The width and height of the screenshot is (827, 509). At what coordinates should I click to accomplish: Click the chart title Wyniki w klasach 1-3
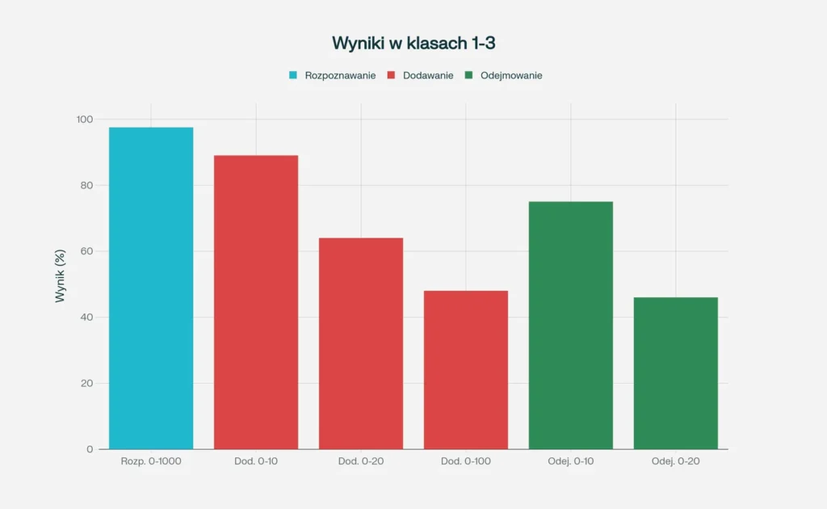tap(413, 43)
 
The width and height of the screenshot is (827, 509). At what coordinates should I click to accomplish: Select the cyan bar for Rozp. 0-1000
tap(151, 288)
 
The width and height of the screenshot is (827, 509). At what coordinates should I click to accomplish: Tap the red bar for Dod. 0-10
tap(256, 301)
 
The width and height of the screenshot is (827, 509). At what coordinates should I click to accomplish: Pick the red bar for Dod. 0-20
tap(361, 343)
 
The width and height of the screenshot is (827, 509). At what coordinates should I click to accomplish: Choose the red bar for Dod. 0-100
tap(466, 369)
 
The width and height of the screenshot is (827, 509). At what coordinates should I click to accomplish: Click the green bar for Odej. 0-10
tap(571, 325)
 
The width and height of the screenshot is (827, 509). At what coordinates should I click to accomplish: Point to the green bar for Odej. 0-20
tap(676, 372)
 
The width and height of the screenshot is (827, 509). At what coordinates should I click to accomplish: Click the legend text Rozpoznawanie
tap(340, 75)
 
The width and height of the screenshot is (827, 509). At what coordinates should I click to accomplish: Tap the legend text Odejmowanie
tap(511, 75)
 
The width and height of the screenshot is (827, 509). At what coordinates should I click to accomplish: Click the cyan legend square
tap(293, 75)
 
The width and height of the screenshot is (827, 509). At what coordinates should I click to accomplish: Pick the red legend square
tap(391, 75)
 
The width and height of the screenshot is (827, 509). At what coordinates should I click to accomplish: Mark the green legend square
tap(468, 75)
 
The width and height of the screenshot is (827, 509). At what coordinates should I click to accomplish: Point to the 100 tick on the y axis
tap(85, 120)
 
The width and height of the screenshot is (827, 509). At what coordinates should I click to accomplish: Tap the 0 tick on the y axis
tap(90, 449)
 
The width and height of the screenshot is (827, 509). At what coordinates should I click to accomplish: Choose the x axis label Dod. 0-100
tap(466, 461)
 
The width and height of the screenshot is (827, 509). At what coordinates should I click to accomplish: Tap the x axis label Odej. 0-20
tap(676, 461)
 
